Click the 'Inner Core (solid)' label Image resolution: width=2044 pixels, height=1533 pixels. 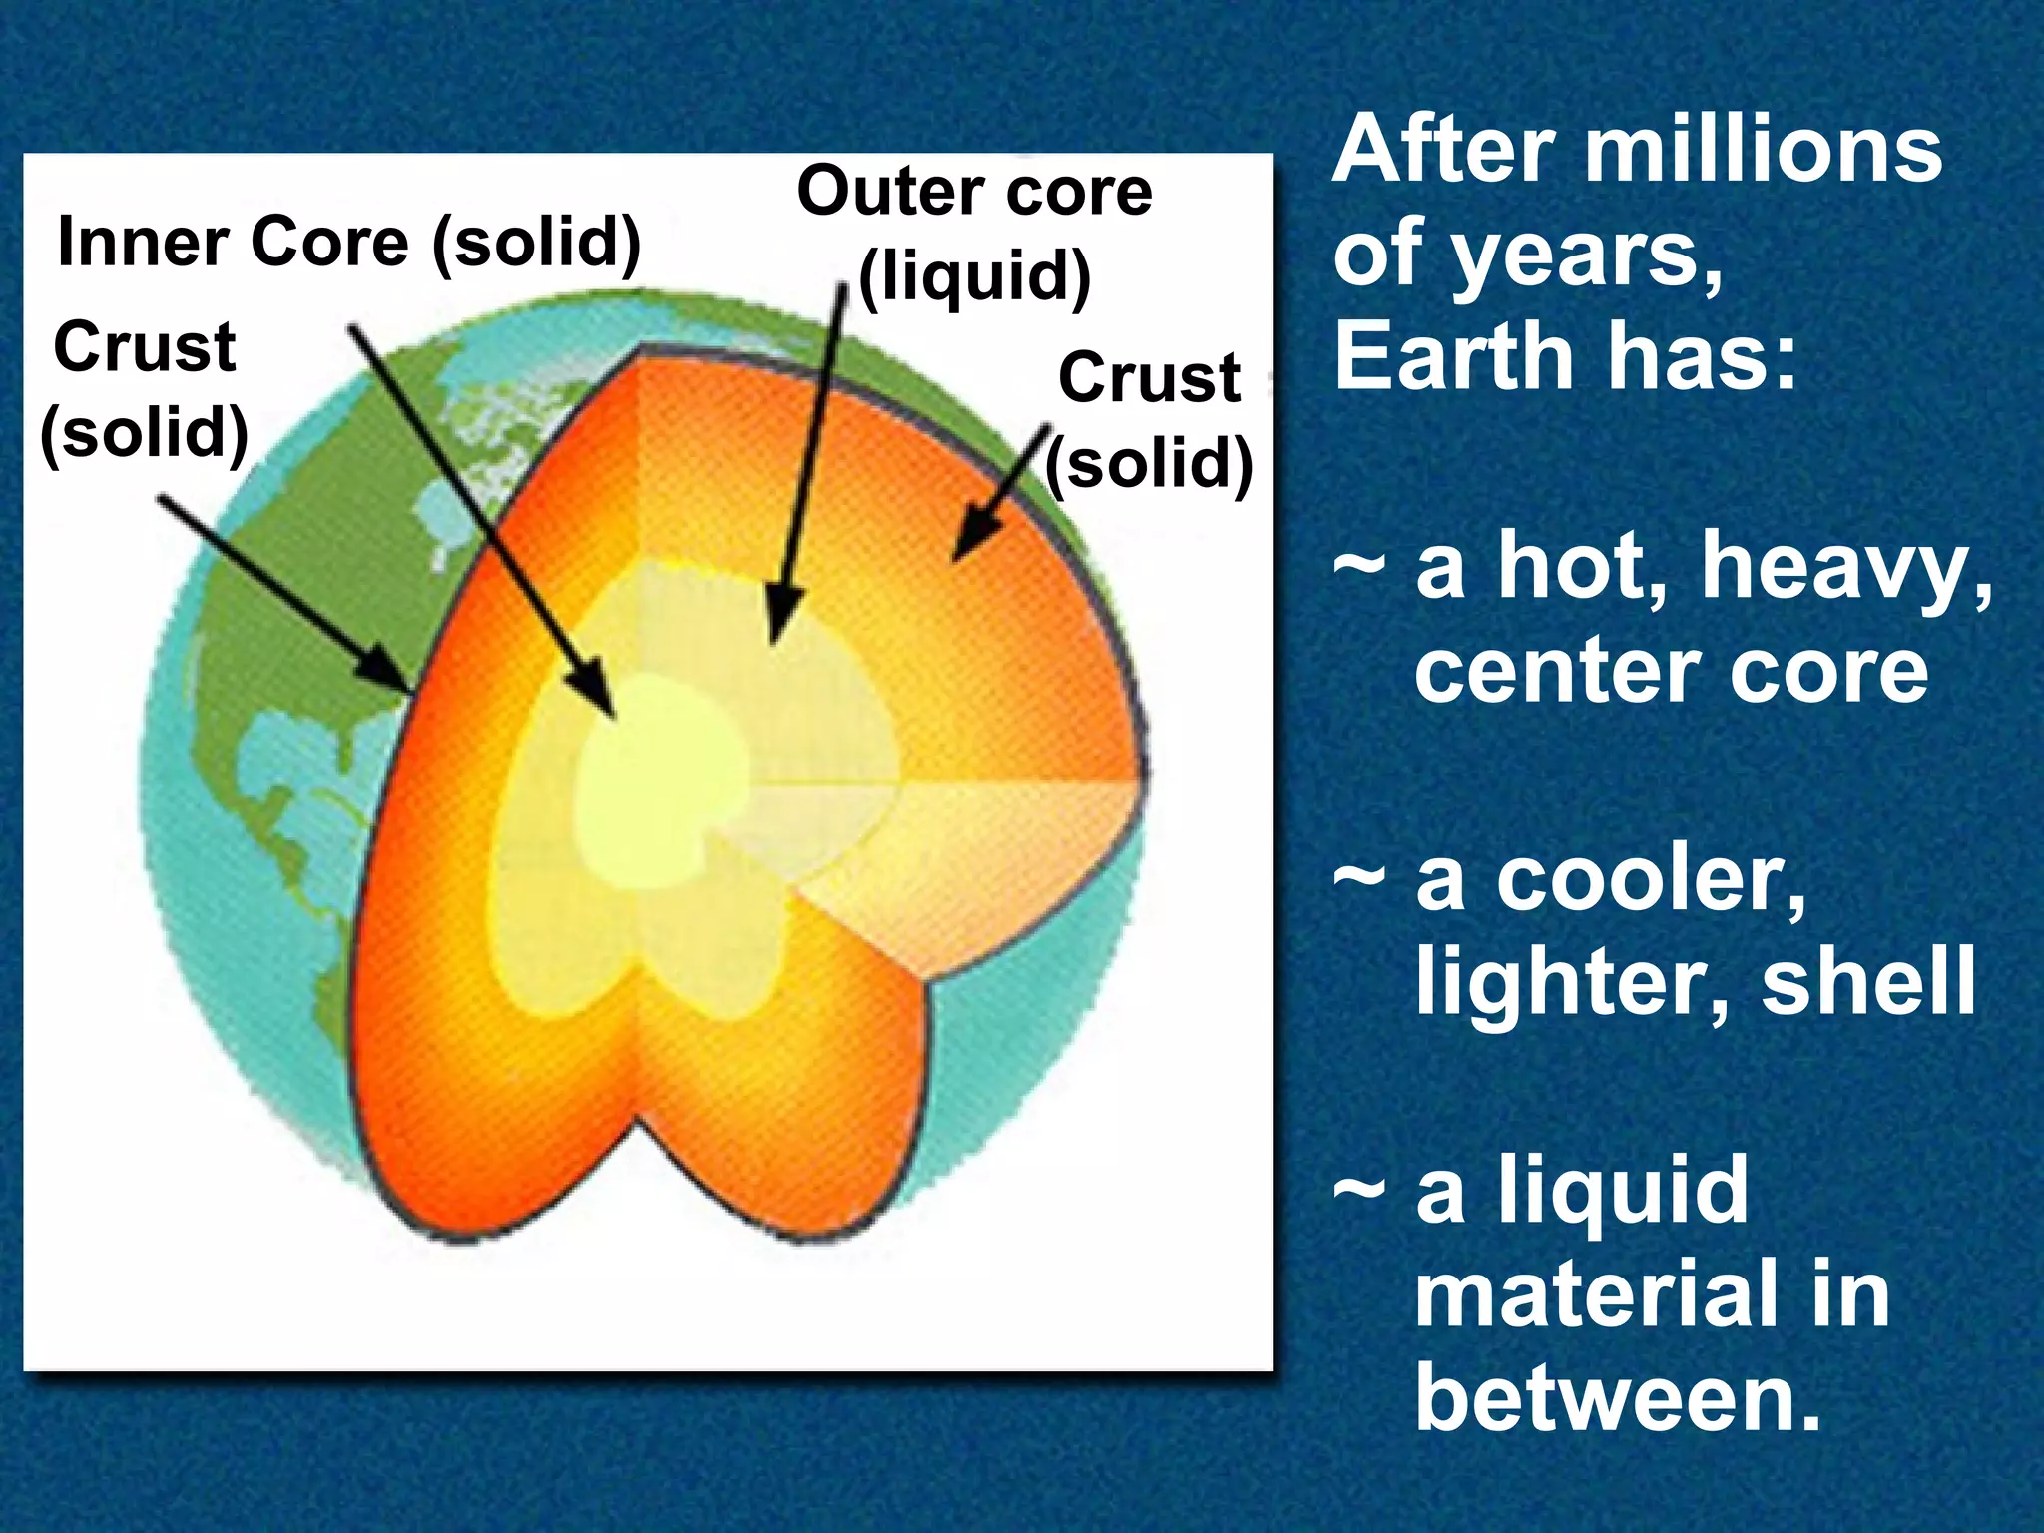click(x=348, y=243)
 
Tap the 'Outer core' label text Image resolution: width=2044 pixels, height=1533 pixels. click(x=974, y=192)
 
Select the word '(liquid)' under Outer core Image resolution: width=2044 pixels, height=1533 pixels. click(x=974, y=276)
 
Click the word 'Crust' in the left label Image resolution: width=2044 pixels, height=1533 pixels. click(x=145, y=348)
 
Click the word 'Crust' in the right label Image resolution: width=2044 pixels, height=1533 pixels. click(x=1149, y=378)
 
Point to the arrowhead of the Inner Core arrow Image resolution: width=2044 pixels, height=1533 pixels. click(x=597, y=694)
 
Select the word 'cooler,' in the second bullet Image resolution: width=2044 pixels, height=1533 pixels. click(x=1651, y=879)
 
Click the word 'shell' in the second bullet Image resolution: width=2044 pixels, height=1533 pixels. click(x=1867, y=982)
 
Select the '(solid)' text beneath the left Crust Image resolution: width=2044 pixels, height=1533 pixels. click(x=145, y=433)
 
